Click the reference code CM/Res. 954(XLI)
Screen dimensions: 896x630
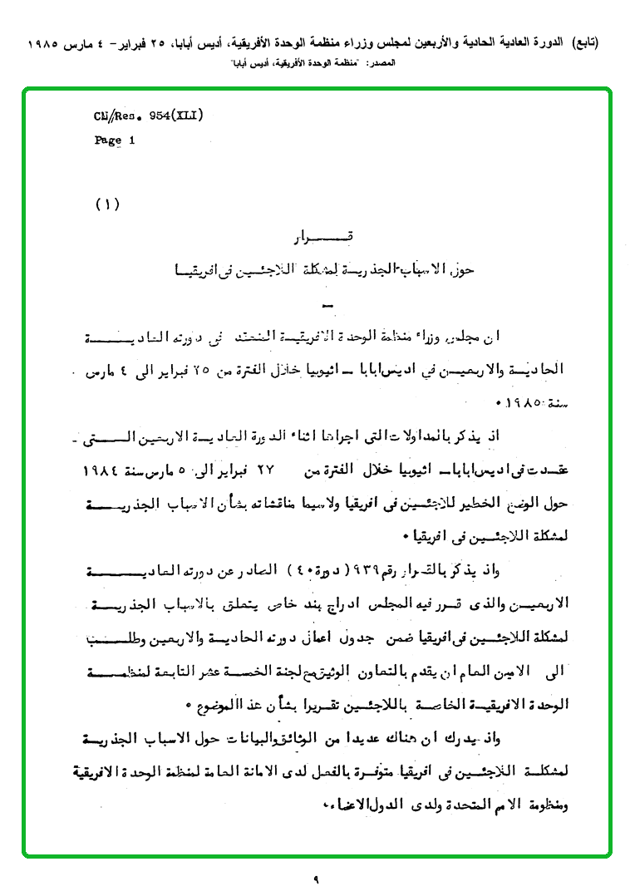(150, 116)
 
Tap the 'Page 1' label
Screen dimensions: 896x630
(115, 140)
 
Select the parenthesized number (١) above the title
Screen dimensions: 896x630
(108, 204)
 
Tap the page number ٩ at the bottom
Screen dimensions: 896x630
(316, 877)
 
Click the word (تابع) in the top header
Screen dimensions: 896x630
(584, 42)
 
